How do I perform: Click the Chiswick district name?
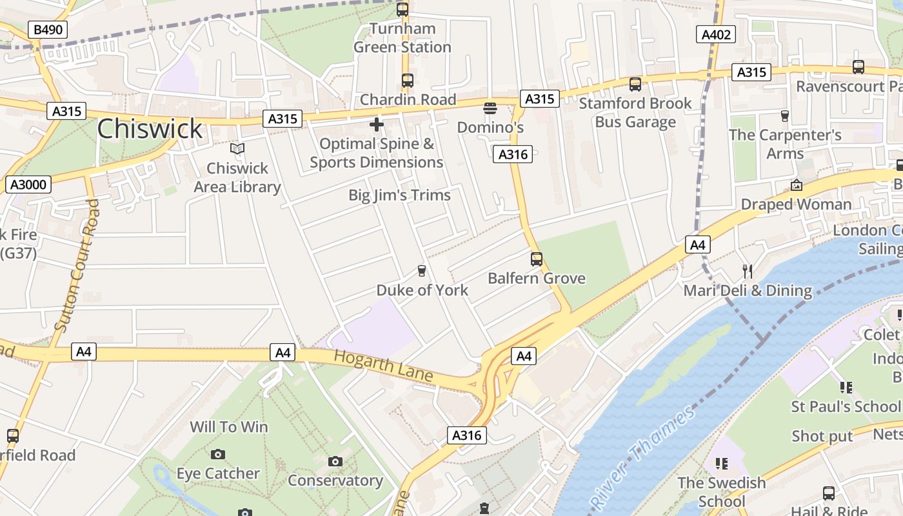(x=150, y=129)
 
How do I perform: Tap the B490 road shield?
(x=48, y=29)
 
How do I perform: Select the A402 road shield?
(x=716, y=34)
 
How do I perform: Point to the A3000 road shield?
(x=29, y=185)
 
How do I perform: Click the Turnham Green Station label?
(x=402, y=38)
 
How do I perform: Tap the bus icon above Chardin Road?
(x=407, y=81)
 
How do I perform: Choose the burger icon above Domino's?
(x=490, y=108)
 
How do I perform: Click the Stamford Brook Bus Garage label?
(x=635, y=112)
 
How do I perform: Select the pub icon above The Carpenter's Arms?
(x=785, y=115)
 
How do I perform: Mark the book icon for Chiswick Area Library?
(x=237, y=149)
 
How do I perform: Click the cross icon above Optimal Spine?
(x=377, y=124)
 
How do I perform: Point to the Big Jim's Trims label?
(x=399, y=195)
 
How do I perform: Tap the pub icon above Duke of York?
(x=422, y=270)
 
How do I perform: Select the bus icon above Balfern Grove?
(x=537, y=259)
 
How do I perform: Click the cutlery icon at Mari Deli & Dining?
(x=748, y=271)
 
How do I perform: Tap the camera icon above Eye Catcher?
(x=218, y=454)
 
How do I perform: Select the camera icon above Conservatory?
(x=335, y=461)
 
